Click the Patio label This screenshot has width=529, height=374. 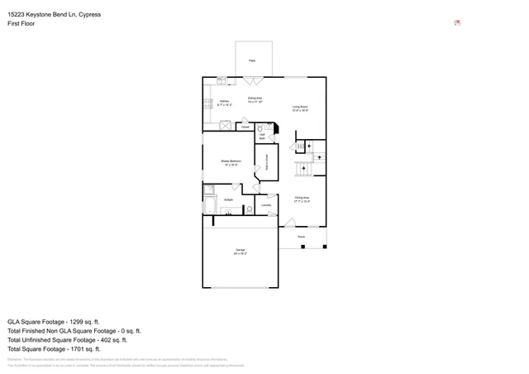coord(253,60)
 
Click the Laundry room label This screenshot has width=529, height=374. coord(266,205)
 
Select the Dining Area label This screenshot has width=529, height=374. coord(302,199)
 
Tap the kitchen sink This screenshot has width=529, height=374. coord(222,81)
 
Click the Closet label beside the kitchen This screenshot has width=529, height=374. coord(245,127)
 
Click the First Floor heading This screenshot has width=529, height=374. coord(21,24)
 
